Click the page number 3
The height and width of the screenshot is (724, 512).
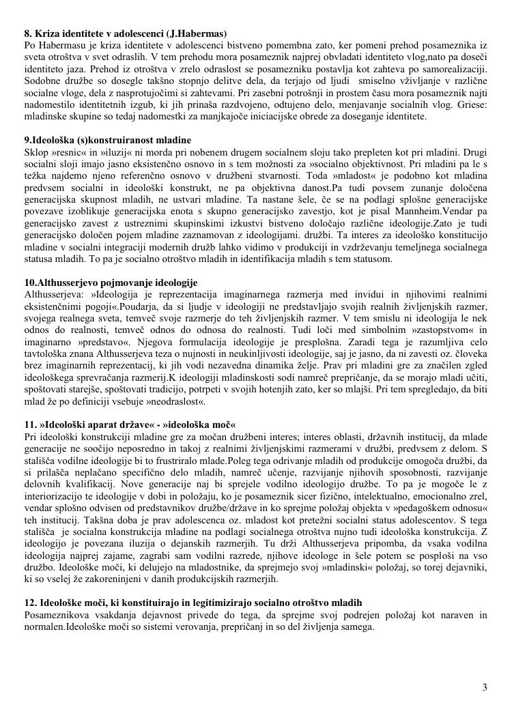[485, 687]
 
